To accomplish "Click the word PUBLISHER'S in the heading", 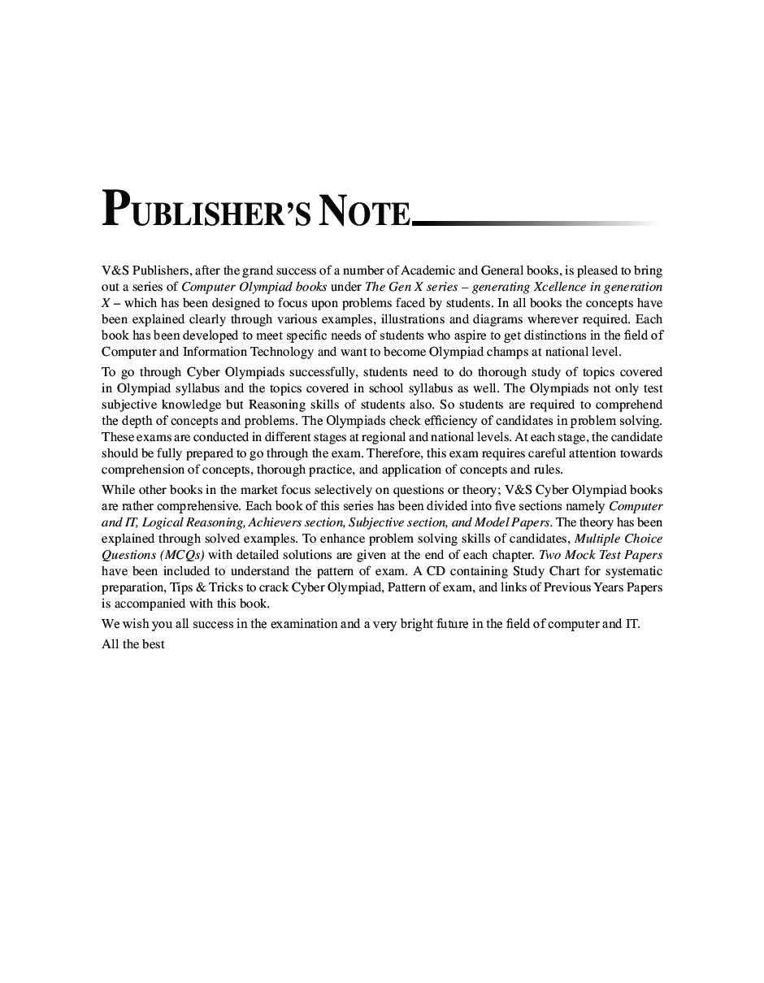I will [x=206, y=211].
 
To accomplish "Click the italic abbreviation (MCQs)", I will [x=182, y=555].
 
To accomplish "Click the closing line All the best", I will [x=133, y=644].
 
